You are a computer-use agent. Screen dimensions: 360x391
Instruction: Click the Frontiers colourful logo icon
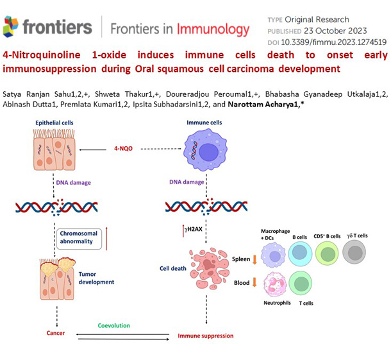coord(11,26)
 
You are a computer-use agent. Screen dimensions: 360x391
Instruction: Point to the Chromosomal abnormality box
coord(82,237)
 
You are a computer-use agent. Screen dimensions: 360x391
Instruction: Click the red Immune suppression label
coord(205,336)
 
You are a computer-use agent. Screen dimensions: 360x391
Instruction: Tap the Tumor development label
coord(96,278)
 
